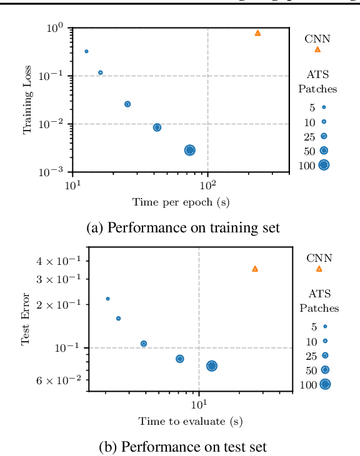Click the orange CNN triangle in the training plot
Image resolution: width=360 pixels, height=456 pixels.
click(x=257, y=32)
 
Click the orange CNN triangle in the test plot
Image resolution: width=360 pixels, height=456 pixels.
click(x=254, y=269)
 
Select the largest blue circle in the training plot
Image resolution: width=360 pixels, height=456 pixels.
click(x=189, y=150)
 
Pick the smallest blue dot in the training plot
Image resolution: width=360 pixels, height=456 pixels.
click(x=86, y=51)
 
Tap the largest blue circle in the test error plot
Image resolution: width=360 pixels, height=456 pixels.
click(x=211, y=366)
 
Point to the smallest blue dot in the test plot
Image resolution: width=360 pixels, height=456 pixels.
click(x=107, y=299)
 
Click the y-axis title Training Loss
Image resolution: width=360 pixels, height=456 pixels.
click(x=27, y=100)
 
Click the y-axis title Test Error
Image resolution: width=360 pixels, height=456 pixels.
click(x=26, y=320)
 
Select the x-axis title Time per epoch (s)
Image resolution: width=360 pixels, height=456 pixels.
click(x=181, y=202)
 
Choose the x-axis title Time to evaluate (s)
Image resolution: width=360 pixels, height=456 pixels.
click(x=190, y=422)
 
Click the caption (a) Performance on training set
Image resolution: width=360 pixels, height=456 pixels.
click(x=182, y=228)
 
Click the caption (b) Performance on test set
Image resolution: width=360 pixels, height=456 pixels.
click(x=182, y=446)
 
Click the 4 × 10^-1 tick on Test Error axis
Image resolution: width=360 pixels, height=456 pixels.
click(x=62, y=260)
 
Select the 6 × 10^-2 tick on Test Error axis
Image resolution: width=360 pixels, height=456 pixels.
click(x=62, y=380)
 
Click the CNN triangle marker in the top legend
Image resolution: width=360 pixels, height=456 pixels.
click(x=317, y=49)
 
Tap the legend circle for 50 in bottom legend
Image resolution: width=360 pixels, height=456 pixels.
click(x=324, y=370)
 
